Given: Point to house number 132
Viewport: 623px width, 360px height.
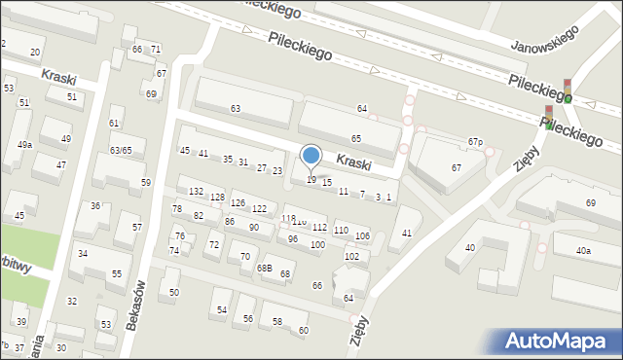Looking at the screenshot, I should (196, 192).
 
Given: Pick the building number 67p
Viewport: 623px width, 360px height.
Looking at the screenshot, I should (475, 142).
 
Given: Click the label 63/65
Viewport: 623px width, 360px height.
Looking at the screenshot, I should (121, 150).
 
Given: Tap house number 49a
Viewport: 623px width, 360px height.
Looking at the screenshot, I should (24, 145).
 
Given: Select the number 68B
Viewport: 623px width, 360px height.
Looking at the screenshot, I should (264, 268).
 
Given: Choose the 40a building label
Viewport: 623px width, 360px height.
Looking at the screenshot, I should (582, 251).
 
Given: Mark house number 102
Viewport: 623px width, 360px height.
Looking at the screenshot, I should (351, 256).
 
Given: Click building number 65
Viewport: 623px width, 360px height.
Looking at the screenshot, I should (356, 139).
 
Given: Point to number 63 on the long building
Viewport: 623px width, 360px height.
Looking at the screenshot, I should (235, 108).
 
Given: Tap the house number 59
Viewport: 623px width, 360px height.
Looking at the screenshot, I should (146, 182).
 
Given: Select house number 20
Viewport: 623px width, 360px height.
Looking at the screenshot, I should (35, 52).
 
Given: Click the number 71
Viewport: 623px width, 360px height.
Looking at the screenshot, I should (156, 49).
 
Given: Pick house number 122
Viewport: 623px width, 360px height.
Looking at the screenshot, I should (259, 209).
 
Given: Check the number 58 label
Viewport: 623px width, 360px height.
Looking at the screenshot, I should (276, 321).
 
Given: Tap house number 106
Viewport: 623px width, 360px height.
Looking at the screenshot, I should (362, 236).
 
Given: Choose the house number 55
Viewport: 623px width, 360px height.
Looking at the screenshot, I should (116, 273).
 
